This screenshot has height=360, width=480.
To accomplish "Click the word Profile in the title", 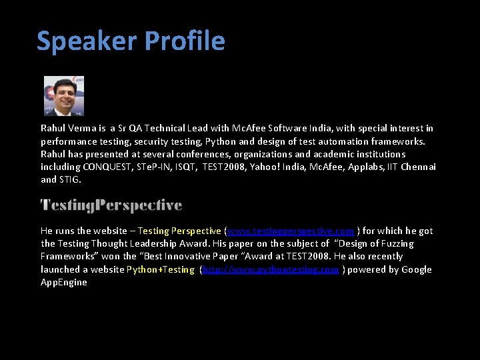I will tap(184, 41).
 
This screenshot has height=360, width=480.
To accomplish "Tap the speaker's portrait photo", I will tap(64, 95).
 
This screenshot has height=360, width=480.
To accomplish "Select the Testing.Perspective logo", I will tap(111, 205).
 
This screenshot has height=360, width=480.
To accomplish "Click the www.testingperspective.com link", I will tap(291, 231).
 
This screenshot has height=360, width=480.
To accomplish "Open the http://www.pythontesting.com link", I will tap(271, 269).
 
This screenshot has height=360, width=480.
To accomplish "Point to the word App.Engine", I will tap(64, 282).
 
